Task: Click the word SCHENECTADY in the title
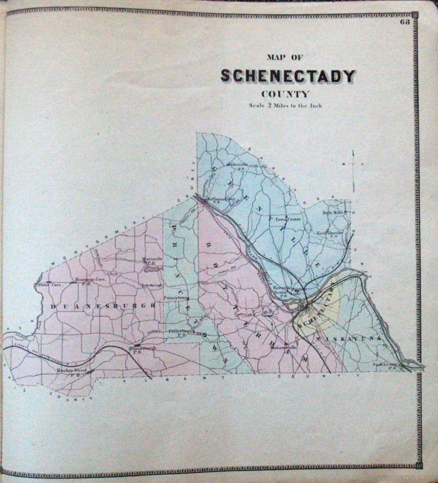tap(288, 76)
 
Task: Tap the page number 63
tap(405, 22)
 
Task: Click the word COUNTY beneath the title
tap(285, 94)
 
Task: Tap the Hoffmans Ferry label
tap(219, 200)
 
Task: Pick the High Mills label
tap(332, 212)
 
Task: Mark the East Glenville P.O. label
tap(331, 233)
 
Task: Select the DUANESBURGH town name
tap(102, 306)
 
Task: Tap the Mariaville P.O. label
tap(150, 260)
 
